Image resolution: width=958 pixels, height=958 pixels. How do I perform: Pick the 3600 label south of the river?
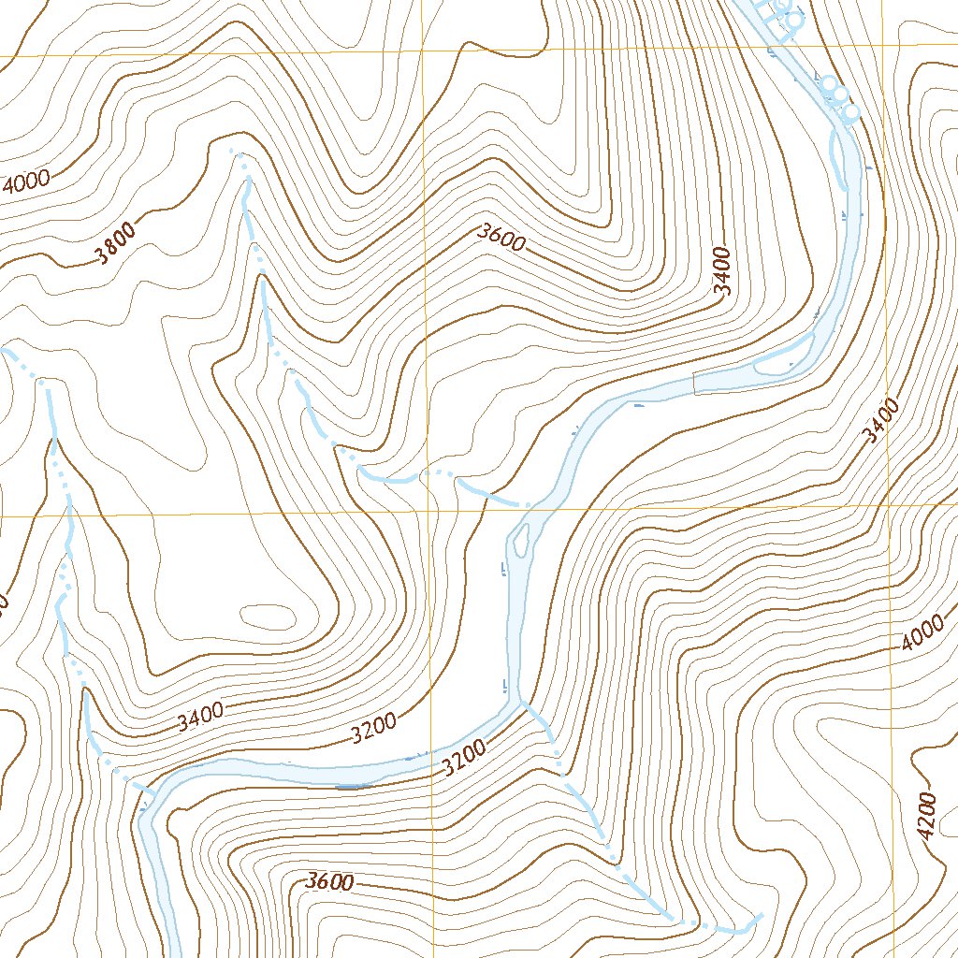329,882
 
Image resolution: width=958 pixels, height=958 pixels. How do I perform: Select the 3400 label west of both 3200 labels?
200,716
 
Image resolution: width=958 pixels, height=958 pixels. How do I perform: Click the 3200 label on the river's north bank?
375,727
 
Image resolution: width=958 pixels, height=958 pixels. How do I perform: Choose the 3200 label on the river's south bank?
465,757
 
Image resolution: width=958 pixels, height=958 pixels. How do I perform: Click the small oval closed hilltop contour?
268,615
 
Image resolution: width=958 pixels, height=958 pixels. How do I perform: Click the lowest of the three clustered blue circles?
851,112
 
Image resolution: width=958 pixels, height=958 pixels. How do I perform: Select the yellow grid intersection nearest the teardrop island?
428,513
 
